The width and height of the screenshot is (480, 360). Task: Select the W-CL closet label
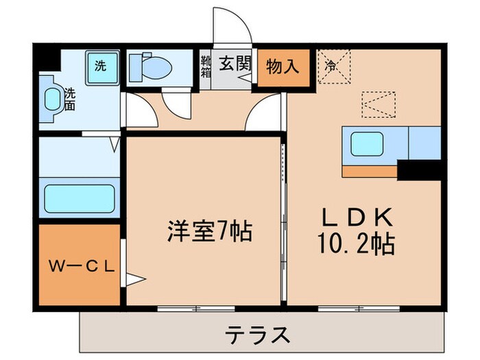(80, 265)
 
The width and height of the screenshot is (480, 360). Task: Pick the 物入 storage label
(282, 67)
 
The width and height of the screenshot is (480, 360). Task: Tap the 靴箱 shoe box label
(204, 68)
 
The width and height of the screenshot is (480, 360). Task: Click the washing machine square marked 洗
(101, 67)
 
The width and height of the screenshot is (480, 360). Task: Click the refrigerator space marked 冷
(334, 67)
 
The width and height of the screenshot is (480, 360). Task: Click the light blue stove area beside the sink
(424, 143)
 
